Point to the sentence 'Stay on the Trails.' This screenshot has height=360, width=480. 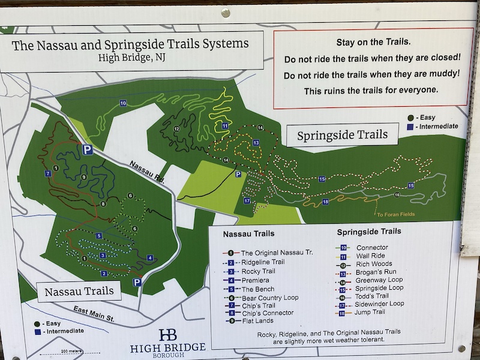[x=369, y=43]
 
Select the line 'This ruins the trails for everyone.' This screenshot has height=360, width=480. [x=371, y=91]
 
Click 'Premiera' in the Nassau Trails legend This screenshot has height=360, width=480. [x=255, y=280]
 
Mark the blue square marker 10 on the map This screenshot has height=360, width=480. [x=122, y=103]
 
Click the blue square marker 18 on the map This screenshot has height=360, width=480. [x=325, y=202]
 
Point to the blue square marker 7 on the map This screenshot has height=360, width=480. [x=47, y=173]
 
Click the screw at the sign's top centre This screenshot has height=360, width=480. [x=226, y=12]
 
